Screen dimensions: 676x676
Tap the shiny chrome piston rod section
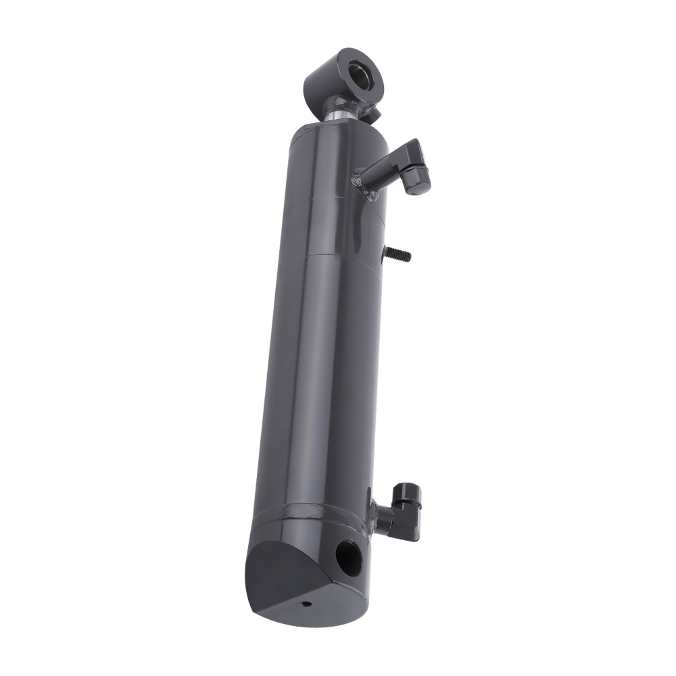[338, 114]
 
